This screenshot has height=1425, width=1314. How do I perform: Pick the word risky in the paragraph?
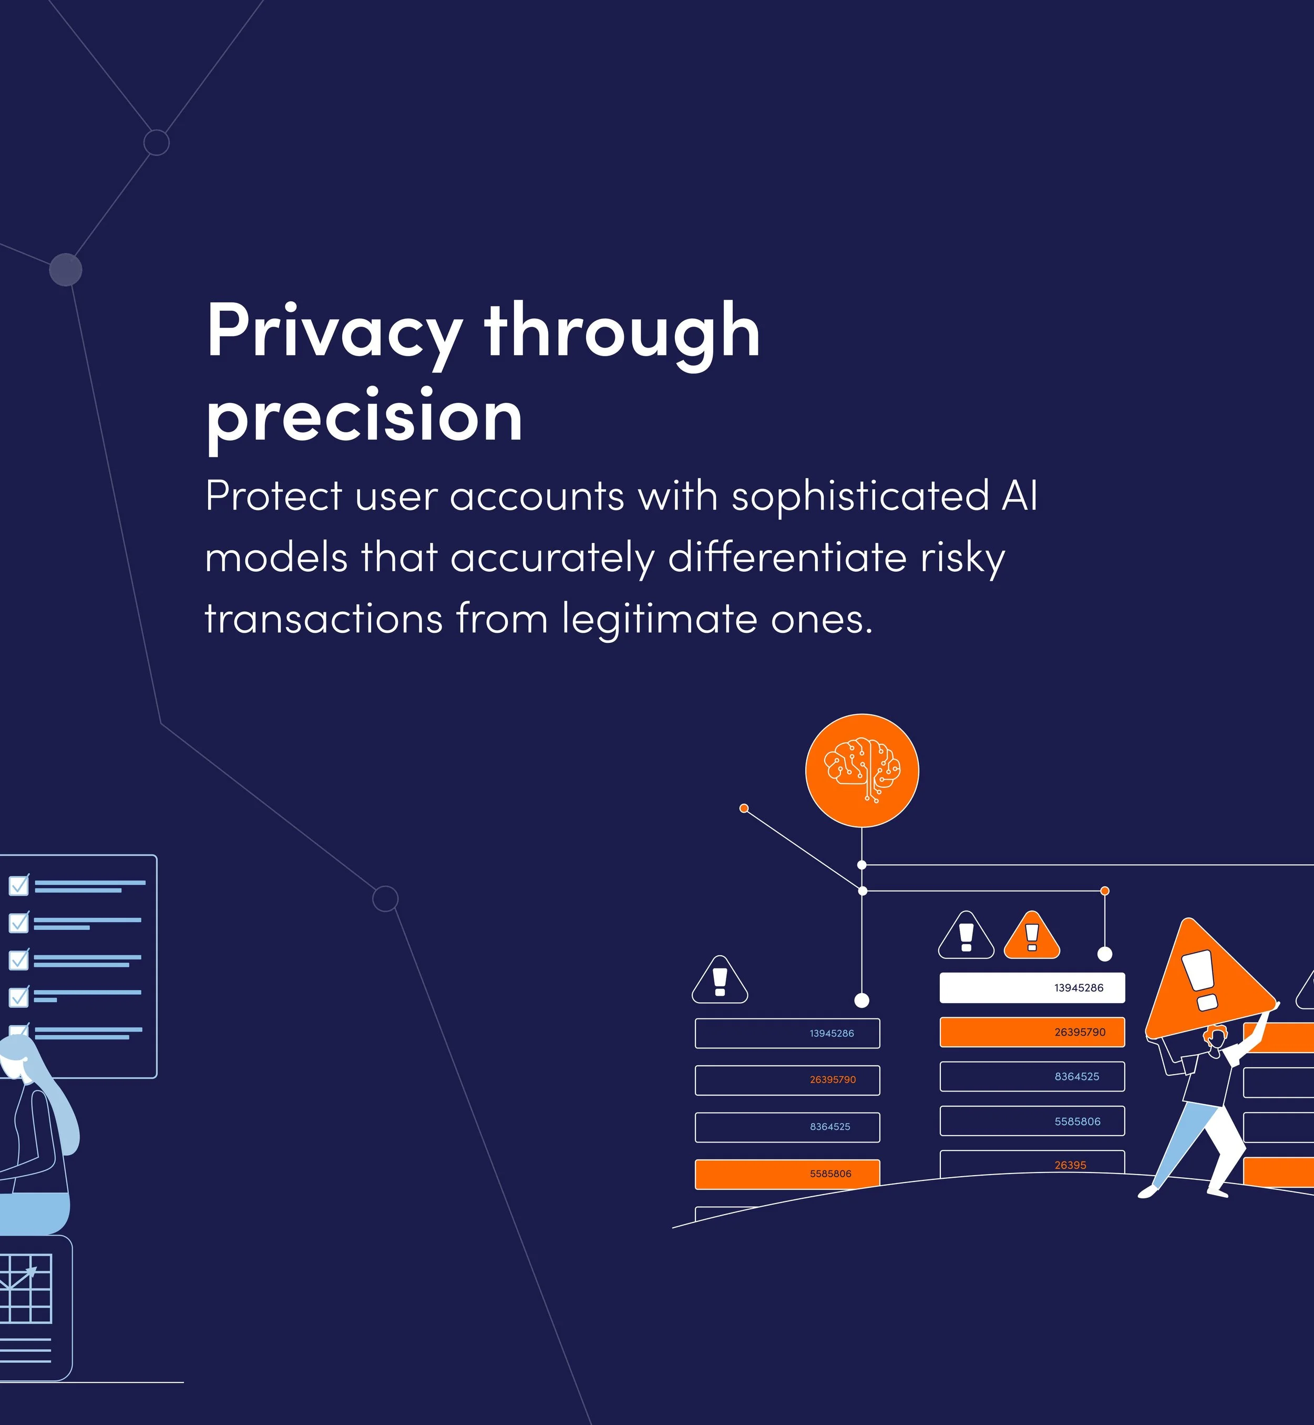[963, 558]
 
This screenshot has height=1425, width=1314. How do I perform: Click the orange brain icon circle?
[862, 771]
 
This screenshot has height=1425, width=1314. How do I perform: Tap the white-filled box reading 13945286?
[1032, 987]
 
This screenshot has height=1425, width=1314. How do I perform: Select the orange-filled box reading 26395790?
[1032, 1032]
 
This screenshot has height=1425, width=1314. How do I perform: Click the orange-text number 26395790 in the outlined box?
[833, 1079]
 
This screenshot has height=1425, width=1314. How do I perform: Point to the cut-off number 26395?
[1070, 1165]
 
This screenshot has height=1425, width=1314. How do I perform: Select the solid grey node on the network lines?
[65, 270]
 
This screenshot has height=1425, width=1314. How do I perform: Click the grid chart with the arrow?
[26, 1288]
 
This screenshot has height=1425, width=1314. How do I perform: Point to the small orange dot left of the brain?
[744, 808]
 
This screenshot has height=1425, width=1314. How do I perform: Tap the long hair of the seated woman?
[60, 1110]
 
